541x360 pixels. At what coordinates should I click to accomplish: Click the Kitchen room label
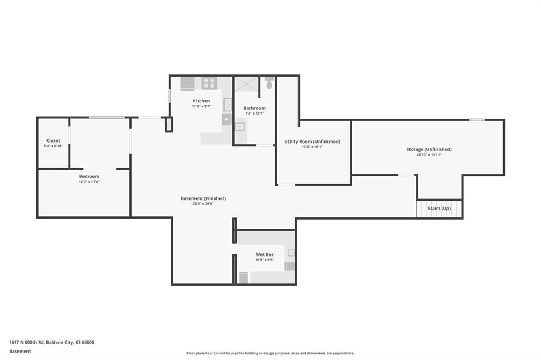201,101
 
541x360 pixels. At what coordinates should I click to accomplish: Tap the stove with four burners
209,83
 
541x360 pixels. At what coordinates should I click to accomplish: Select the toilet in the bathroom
269,83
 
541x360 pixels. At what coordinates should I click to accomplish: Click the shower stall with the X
246,84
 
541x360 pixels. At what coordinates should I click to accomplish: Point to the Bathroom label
255,108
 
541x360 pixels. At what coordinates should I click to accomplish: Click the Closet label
53,141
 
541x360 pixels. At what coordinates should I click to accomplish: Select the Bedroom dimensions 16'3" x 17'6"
89,182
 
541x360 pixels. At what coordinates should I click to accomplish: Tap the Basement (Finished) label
203,198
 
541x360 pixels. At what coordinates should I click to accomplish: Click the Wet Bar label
265,255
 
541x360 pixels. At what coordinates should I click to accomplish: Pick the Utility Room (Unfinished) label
312,141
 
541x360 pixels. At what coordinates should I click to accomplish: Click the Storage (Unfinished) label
429,149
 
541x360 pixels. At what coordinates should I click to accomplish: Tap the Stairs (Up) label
439,209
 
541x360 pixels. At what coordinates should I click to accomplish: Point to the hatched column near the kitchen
169,125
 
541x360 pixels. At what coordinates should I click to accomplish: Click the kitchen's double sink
228,105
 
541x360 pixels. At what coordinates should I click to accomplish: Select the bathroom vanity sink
239,127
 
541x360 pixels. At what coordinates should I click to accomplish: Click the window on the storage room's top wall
477,120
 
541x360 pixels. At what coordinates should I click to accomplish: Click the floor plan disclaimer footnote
270,353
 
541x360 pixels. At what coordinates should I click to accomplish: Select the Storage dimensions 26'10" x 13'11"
429,155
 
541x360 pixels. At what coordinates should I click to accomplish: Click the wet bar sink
292,253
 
